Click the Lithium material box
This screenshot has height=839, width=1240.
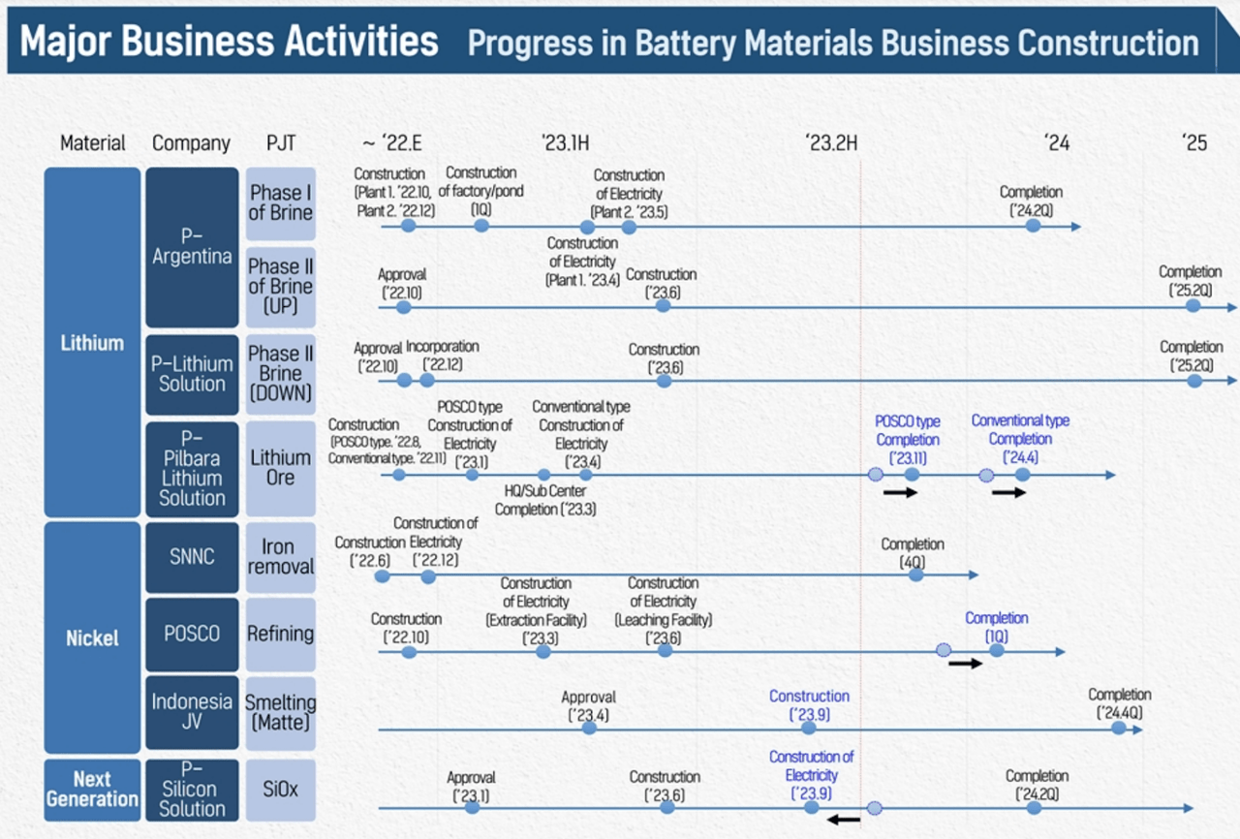[92, 342]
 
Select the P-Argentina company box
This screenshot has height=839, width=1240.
[192, 247]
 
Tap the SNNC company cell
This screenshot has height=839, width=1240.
[192, 557]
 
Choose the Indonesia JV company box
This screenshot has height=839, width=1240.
[192, 712]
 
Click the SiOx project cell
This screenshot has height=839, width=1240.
[281, 790]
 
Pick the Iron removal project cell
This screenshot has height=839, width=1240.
[281, 557]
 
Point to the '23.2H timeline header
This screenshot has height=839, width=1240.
[831, 143]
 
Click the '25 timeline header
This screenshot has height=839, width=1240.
[1194, 143]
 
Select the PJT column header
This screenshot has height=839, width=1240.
[281, 143]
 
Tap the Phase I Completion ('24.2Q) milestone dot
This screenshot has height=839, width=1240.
[1033, 226]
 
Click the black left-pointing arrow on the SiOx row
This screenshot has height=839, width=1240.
[844, 820]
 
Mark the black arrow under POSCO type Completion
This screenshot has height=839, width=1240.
[900, 492]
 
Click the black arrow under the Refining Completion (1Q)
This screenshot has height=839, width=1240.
[965, 663]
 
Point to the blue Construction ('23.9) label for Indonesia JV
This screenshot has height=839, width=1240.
[809, 705]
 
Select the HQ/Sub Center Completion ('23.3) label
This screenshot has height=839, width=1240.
[545, 500]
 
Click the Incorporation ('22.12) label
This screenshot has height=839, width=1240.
[443, 356]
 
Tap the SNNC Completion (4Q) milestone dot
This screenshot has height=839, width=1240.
[916, 575]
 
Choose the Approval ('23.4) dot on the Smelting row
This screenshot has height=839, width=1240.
[589, 729]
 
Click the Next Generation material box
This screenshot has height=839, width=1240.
[92, 790]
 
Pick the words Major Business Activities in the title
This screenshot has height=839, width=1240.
[230, 41]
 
